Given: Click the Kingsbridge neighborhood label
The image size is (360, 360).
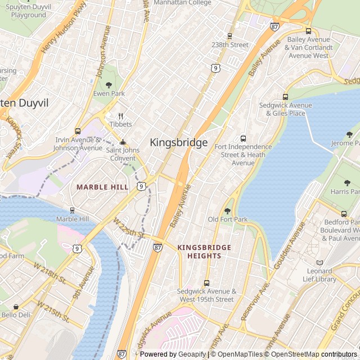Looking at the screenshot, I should [x=179, y=143].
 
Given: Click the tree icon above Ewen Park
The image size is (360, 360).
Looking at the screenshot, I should [x=109, y=85].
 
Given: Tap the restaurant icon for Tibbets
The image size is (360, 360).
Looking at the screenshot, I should [x=120, y=116].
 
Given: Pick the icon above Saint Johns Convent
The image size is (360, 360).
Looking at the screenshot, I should [x=123, y=142].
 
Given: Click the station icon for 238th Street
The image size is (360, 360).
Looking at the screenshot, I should [x=229, y=36].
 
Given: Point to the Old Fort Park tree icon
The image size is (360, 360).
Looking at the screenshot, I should [x=227, y=211].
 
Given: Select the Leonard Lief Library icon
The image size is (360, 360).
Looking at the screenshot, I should [x=320, y=263].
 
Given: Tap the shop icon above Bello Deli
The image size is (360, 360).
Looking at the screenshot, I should [x=16, y=307].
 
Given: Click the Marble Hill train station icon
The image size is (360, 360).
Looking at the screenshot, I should [x=73, y=210].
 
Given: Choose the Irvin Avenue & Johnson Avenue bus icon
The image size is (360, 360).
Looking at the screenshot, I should [x=78, y=131].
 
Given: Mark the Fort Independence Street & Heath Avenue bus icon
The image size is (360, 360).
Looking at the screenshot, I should [x=243, y=138].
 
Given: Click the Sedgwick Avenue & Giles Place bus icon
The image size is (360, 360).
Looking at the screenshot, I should [x=285, y=97].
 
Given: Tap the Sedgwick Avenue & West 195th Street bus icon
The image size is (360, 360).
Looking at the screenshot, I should [x=206, y=283].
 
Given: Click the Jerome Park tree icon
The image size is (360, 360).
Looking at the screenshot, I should [x=349, y=134].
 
